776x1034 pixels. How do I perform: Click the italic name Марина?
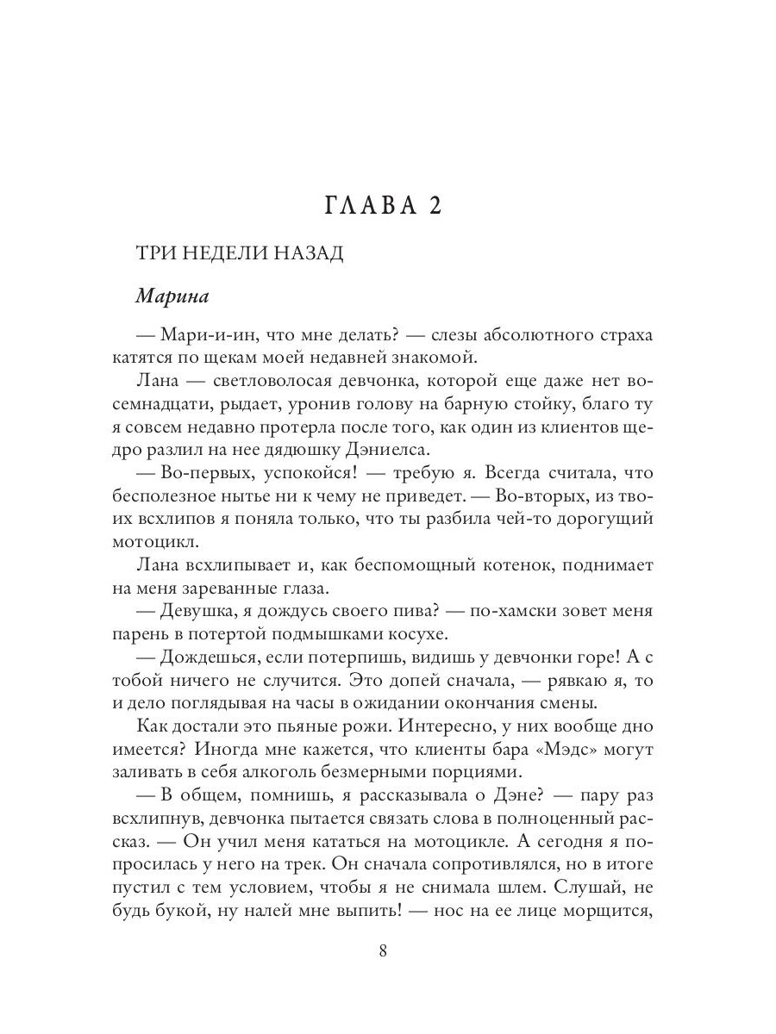(x=174, y=295)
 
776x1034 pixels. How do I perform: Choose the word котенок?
(x=489, y=565)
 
